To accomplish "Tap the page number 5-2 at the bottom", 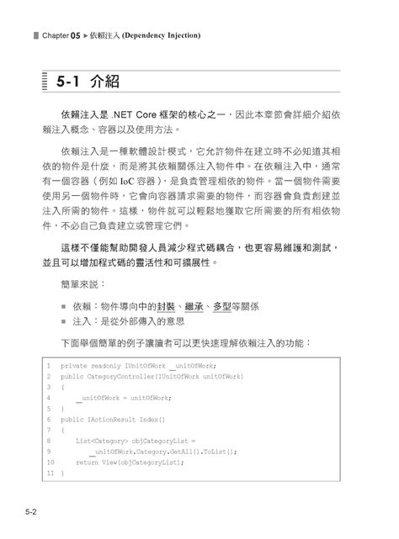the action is [29, 511].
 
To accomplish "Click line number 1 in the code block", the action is [50, 367].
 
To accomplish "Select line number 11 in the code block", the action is [50, 473].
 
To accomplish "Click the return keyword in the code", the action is [87, 462].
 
